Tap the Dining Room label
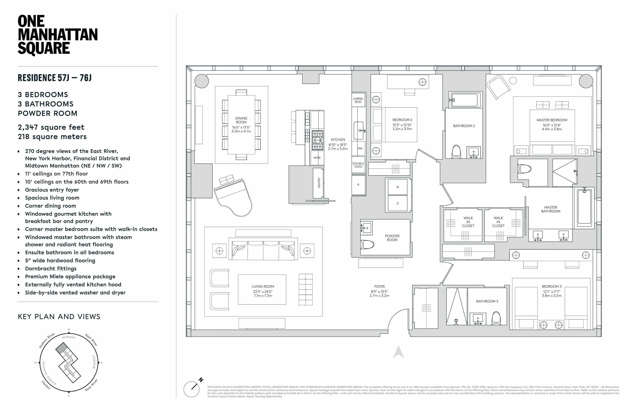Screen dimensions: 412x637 click(241, 120)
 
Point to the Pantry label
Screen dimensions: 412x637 click(319, 183)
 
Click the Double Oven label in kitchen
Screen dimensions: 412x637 click(358, 165)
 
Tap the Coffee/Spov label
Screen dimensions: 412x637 click(358, 100)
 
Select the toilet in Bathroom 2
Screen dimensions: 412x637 click(456, 152)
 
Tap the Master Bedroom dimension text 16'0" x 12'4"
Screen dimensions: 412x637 click(552, 125)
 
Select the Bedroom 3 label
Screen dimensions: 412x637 click(552, 286)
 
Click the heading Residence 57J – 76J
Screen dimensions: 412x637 click(55, 78)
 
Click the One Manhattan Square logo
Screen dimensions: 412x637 click(57, 35)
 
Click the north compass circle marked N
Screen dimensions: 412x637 click(192, 389)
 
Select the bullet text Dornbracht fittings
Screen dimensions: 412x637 click(51, 269)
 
